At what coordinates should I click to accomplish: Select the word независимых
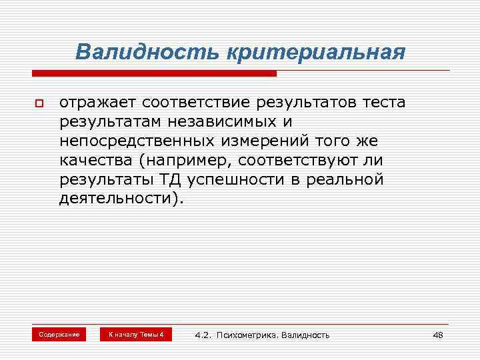coord(225,122)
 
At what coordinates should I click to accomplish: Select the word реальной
coord(351,180)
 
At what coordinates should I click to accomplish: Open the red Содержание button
coord(59,334)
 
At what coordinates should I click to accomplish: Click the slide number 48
coord(437,335)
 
